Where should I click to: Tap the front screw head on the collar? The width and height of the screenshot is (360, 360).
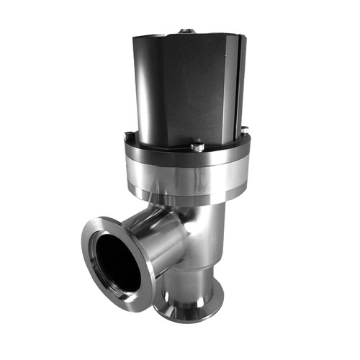[x=196, y=147]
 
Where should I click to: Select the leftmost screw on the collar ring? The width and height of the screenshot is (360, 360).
[x=127, y=134]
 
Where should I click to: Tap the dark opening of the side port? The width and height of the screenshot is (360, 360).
[x=117, y=263]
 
